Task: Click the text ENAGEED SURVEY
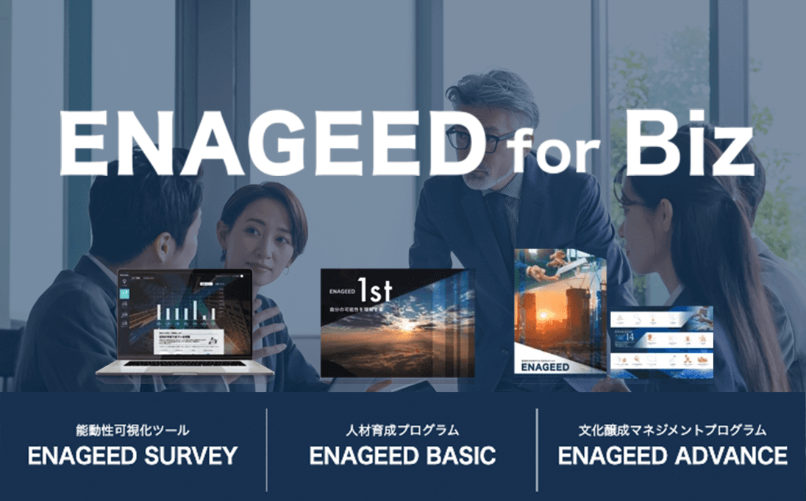point(132,455)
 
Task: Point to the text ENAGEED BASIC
point(402,455)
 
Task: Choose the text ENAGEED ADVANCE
point(673,455)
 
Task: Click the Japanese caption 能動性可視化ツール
point(132,430)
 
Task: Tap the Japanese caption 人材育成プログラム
point(402,430)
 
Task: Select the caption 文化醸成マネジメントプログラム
point(673,430)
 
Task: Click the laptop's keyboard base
point(185,368)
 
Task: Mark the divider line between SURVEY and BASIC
point(267,450)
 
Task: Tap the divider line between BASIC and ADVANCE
point(537,450)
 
